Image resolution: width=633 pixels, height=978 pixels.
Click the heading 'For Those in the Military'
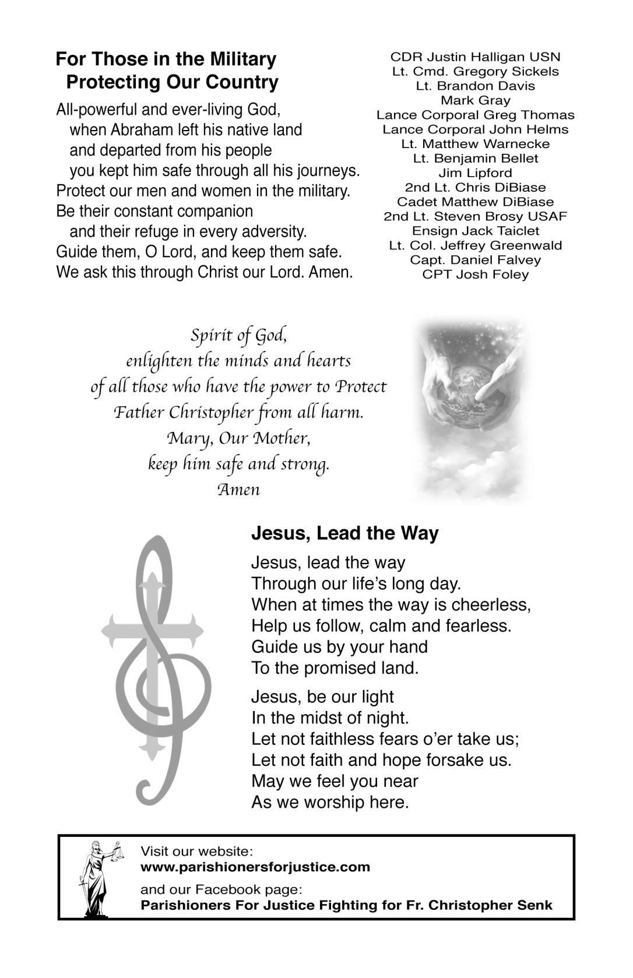166,59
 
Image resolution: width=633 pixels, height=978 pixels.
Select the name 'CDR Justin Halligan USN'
475,57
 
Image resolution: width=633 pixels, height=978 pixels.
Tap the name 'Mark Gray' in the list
475,101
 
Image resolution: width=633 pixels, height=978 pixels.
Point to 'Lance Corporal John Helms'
475,129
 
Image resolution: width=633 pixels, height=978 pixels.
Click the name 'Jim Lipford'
475,173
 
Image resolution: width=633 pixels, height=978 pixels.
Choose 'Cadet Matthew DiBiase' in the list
475,202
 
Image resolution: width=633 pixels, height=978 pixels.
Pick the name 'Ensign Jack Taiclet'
475,231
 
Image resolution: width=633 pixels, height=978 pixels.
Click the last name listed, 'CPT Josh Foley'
475,275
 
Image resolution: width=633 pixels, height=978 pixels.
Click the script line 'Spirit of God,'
238,336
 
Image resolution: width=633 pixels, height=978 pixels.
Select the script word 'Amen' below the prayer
238,489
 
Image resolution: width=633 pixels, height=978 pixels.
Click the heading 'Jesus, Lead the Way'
344,533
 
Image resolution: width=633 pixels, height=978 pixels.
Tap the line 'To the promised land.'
335,668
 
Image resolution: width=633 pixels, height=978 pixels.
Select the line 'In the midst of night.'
330,718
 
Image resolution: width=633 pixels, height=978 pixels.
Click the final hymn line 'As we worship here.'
330,803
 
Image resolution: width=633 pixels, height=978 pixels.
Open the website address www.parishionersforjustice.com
255,867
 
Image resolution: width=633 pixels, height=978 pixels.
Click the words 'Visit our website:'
196,852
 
